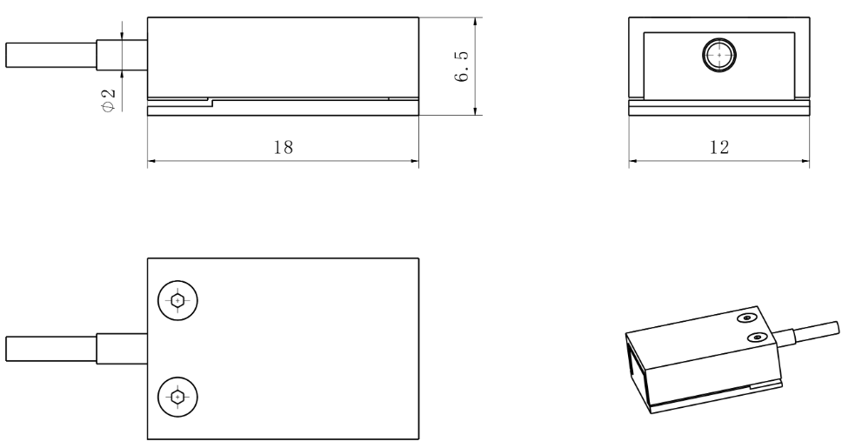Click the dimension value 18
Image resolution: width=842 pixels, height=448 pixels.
coord(284,147)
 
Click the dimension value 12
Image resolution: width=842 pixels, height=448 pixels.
coord(719,147)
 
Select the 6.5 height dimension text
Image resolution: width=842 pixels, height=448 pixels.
coord(461,66)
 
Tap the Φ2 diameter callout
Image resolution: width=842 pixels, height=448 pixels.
coord(108,100)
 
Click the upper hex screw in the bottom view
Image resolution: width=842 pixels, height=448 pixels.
coord(177,300)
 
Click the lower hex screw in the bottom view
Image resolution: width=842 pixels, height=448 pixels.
coord(177,397)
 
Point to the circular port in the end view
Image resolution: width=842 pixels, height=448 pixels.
coord(719,55)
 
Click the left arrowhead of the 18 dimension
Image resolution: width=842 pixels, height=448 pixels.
coord(151,161)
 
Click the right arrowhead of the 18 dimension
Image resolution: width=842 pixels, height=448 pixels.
coord(415,161)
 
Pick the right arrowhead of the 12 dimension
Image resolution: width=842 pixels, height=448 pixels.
coord(805,161)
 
